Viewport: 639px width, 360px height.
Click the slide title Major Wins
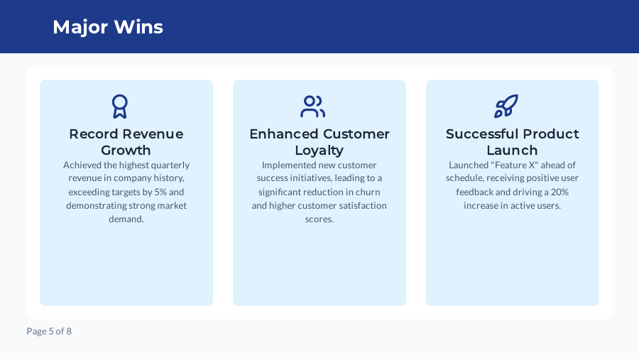tap(108, 27)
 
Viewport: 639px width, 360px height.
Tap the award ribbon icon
tap(119, 107)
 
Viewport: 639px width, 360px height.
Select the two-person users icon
tap(312, 107)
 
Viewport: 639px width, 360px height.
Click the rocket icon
tap(506, 107)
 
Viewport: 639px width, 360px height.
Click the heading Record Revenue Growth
tap(126, 142)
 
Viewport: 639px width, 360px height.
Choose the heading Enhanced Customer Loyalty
tap(319, 142)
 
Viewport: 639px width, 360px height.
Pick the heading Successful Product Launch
tap(512, 142)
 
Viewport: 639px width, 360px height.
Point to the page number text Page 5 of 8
tap(49, 331)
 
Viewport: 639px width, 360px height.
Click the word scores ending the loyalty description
tap(319, 219)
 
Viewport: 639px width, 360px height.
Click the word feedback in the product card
tap(475, 192)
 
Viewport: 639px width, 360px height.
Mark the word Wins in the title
tap(138, 27)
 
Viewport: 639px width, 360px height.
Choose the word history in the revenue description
tap(168, 179)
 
